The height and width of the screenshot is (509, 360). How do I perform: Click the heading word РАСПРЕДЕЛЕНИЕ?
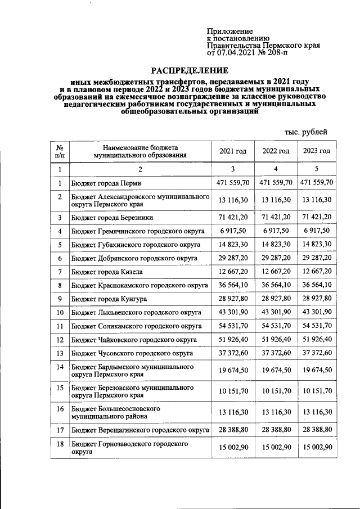point(189,71)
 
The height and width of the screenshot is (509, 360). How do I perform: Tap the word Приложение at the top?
point(229,31)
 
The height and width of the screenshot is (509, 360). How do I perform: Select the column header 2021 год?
point(232,151)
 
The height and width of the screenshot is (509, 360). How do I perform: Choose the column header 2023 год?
point(317,151)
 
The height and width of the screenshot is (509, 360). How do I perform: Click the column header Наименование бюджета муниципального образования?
point(140,151)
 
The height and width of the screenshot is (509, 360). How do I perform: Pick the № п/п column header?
point(60,151)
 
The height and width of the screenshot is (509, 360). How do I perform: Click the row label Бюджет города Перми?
point(106,183)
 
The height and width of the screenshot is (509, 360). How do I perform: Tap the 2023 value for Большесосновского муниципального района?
point(317,413)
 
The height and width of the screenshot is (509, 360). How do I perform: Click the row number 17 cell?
point(60,430)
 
